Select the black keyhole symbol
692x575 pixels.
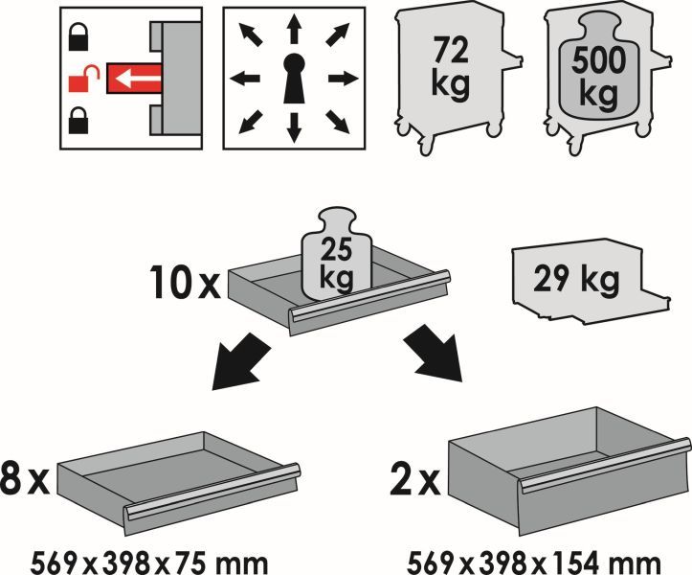(294, 79)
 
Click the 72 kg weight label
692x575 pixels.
(450, 68)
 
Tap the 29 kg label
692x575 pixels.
(576, 280)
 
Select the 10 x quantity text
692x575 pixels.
(186, 282)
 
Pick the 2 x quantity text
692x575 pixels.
(415, 478)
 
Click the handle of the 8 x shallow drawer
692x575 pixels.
(212, 493)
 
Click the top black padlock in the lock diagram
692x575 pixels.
(78, 36)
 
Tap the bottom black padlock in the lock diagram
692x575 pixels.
(78, 120)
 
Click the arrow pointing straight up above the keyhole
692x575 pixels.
(294, 29)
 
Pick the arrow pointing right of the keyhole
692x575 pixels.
(344, 80)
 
